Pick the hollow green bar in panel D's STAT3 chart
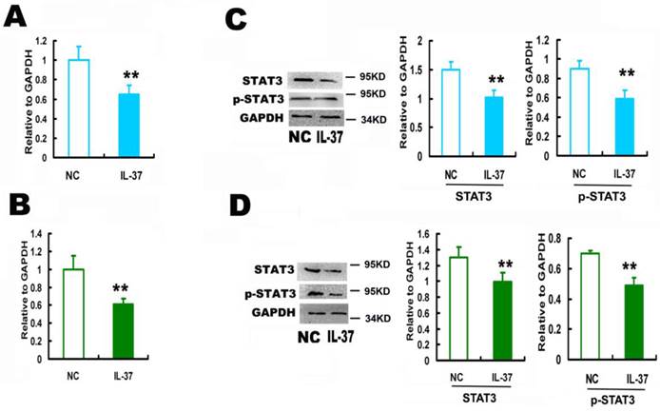coord(435,301)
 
